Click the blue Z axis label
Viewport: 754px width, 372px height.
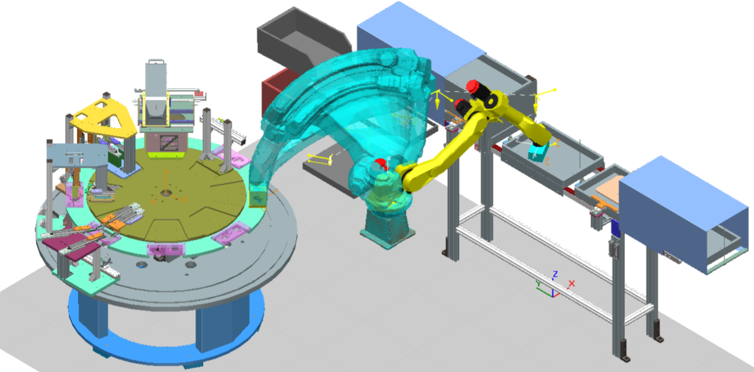[555, 274]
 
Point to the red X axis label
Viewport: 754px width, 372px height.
[571, 284]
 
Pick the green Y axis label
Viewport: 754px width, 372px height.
[538, 284]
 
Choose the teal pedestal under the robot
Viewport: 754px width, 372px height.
[387, 228]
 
